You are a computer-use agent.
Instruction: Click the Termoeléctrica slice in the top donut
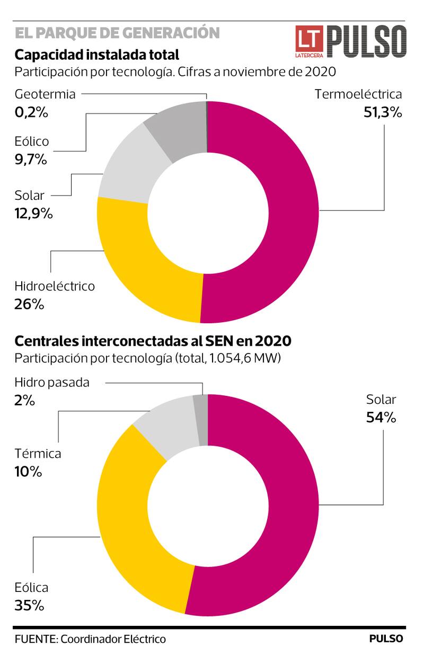[291, 212]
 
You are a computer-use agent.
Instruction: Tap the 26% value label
[30, 304]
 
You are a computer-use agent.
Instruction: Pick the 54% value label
[381, 418]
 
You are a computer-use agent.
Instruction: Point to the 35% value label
[29, 605]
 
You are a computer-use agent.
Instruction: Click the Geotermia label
[45, 94]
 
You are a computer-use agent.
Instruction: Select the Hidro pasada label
[52, 382]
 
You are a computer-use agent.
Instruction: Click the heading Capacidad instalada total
[97, 55]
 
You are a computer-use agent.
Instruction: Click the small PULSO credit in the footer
[386, 639]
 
